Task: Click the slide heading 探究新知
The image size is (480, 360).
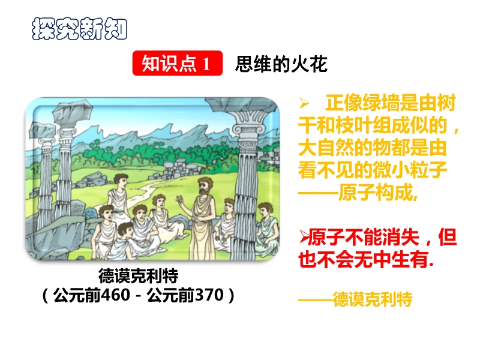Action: point(79,29)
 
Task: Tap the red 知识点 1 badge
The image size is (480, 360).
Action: point(177,63)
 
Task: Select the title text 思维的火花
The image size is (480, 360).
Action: point(281,64)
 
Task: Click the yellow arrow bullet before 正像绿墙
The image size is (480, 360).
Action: point(304,103)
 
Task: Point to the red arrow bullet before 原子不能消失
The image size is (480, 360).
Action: point(304,237)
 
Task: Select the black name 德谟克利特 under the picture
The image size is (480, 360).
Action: point(139,275)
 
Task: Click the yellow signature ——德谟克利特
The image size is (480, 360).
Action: point(355,299)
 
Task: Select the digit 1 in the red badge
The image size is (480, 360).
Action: point(206,64)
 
